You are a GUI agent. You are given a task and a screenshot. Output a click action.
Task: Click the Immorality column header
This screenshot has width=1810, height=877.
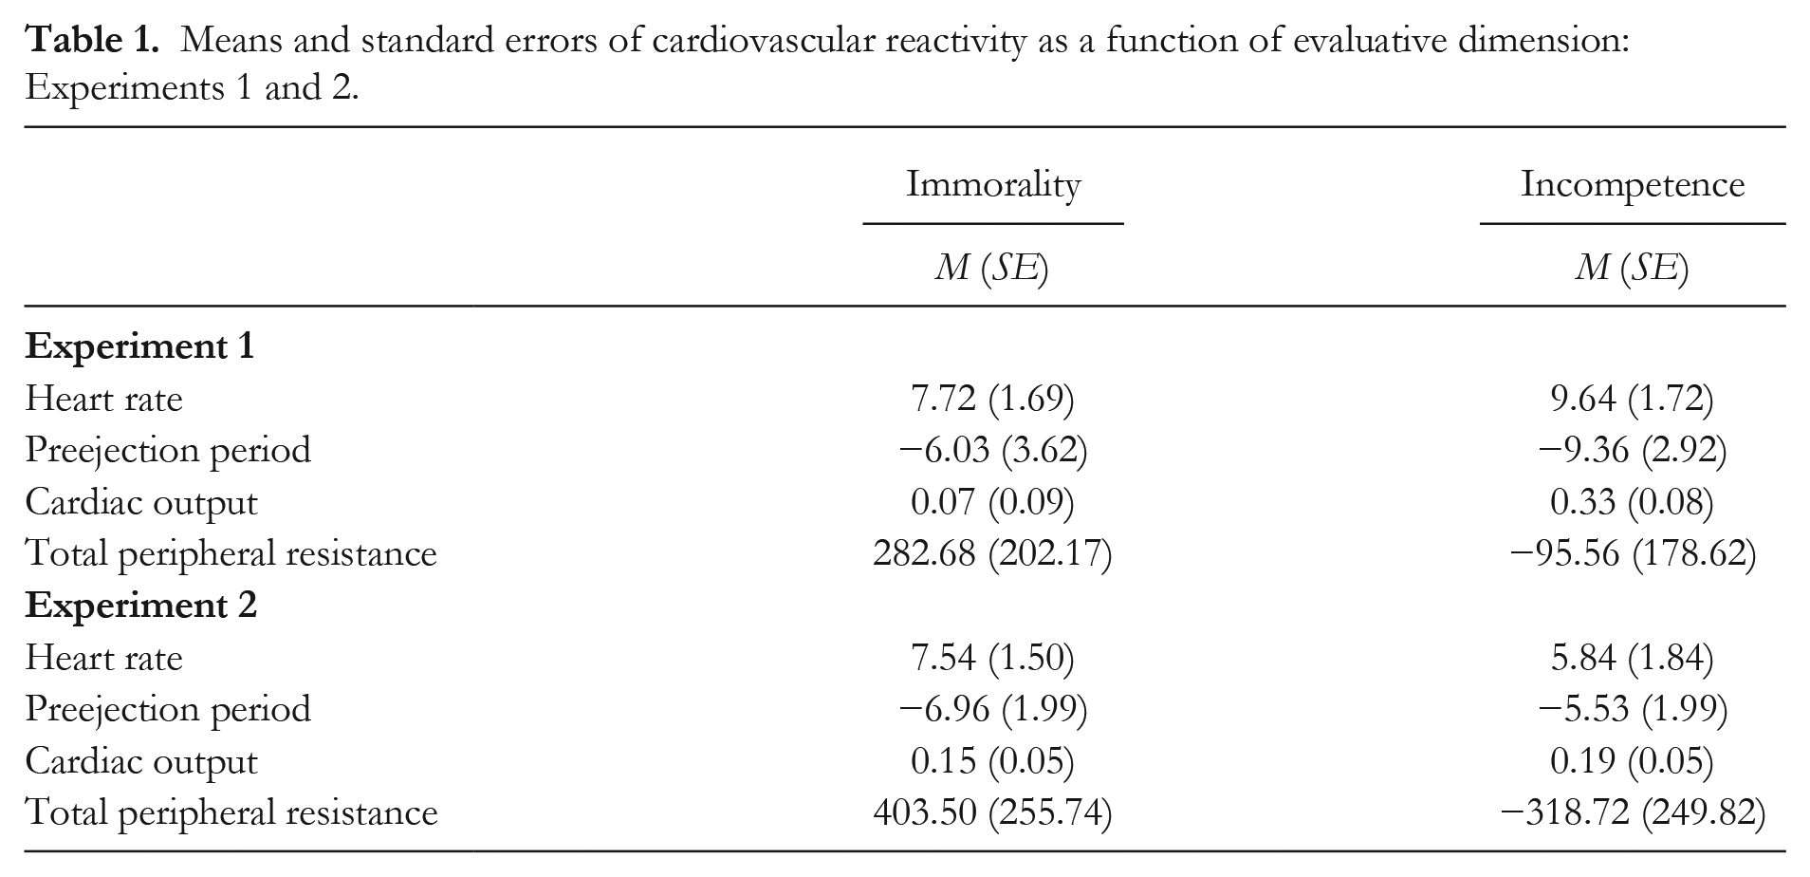point(993,185)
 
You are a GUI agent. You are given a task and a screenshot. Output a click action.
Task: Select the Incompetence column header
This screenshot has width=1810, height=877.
point(1633,185)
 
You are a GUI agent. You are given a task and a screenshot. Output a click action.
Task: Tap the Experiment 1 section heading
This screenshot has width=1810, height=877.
point(140,347)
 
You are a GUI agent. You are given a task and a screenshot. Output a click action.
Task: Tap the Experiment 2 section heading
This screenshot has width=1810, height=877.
point(141,606)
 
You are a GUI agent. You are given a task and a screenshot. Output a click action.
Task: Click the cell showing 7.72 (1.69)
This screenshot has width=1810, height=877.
point(992,399)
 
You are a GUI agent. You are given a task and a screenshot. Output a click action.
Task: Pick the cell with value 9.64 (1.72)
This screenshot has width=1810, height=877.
point(1632,399)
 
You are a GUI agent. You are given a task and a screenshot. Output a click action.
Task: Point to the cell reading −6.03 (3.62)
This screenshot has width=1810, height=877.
point(992,450)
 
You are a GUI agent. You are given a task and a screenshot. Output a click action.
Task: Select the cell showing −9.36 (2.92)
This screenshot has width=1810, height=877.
point(1632,450)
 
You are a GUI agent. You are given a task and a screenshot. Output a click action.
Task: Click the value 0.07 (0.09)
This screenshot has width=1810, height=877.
point(992,502)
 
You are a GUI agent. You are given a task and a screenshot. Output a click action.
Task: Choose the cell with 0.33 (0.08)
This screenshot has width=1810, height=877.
point(1632,502)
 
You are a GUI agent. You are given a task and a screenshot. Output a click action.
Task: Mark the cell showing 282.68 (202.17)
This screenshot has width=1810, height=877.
point(992,553)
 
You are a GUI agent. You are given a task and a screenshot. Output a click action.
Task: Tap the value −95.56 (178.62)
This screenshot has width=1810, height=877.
point(1632,553)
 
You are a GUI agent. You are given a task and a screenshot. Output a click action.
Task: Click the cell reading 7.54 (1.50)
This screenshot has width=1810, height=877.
point(992,658)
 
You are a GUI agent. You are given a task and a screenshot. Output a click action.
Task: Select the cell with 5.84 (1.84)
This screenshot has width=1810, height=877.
point(1632,658)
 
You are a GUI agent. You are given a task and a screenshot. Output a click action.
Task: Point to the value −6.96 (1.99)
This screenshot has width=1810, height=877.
point(992,709)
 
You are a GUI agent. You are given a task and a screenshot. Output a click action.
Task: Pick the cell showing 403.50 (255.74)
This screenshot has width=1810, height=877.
point(992,813)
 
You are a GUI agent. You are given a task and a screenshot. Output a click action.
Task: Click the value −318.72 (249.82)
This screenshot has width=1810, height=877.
point(1632,813)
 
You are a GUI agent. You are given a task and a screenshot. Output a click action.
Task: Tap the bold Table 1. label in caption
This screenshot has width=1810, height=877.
point(92,41)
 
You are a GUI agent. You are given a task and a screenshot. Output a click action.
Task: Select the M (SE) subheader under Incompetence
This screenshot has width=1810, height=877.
point(1632,269)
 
